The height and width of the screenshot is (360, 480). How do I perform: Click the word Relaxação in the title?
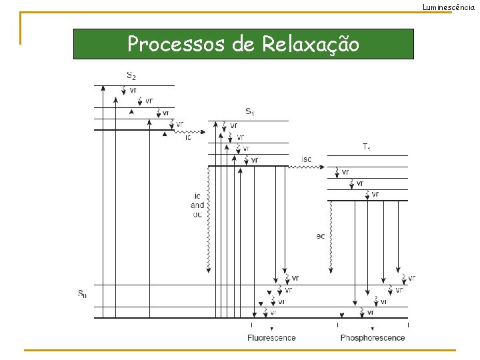pos(311,44)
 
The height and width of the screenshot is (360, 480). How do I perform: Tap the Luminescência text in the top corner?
pos(451,7)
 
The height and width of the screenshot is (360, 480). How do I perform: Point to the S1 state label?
pos(249,111)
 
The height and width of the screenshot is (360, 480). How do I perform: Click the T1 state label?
pos(367,146)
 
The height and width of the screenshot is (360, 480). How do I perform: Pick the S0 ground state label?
pos(82,293)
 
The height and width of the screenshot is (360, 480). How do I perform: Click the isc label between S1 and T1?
pos(306,159)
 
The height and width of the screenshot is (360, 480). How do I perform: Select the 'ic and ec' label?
pos(197,205)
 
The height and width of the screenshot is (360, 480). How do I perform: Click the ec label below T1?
pos(321,235)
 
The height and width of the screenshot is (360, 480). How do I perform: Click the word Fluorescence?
pos(271,338)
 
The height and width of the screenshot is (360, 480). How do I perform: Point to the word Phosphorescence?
pos(373,338)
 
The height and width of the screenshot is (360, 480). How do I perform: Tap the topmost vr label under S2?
pos(133,90)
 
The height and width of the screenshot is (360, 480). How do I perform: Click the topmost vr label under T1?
pos(345,172)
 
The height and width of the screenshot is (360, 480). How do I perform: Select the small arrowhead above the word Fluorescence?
pos(271,329)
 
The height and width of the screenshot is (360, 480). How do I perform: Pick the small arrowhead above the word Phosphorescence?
pos(372,329)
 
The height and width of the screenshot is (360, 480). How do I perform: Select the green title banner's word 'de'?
pos(244,44)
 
